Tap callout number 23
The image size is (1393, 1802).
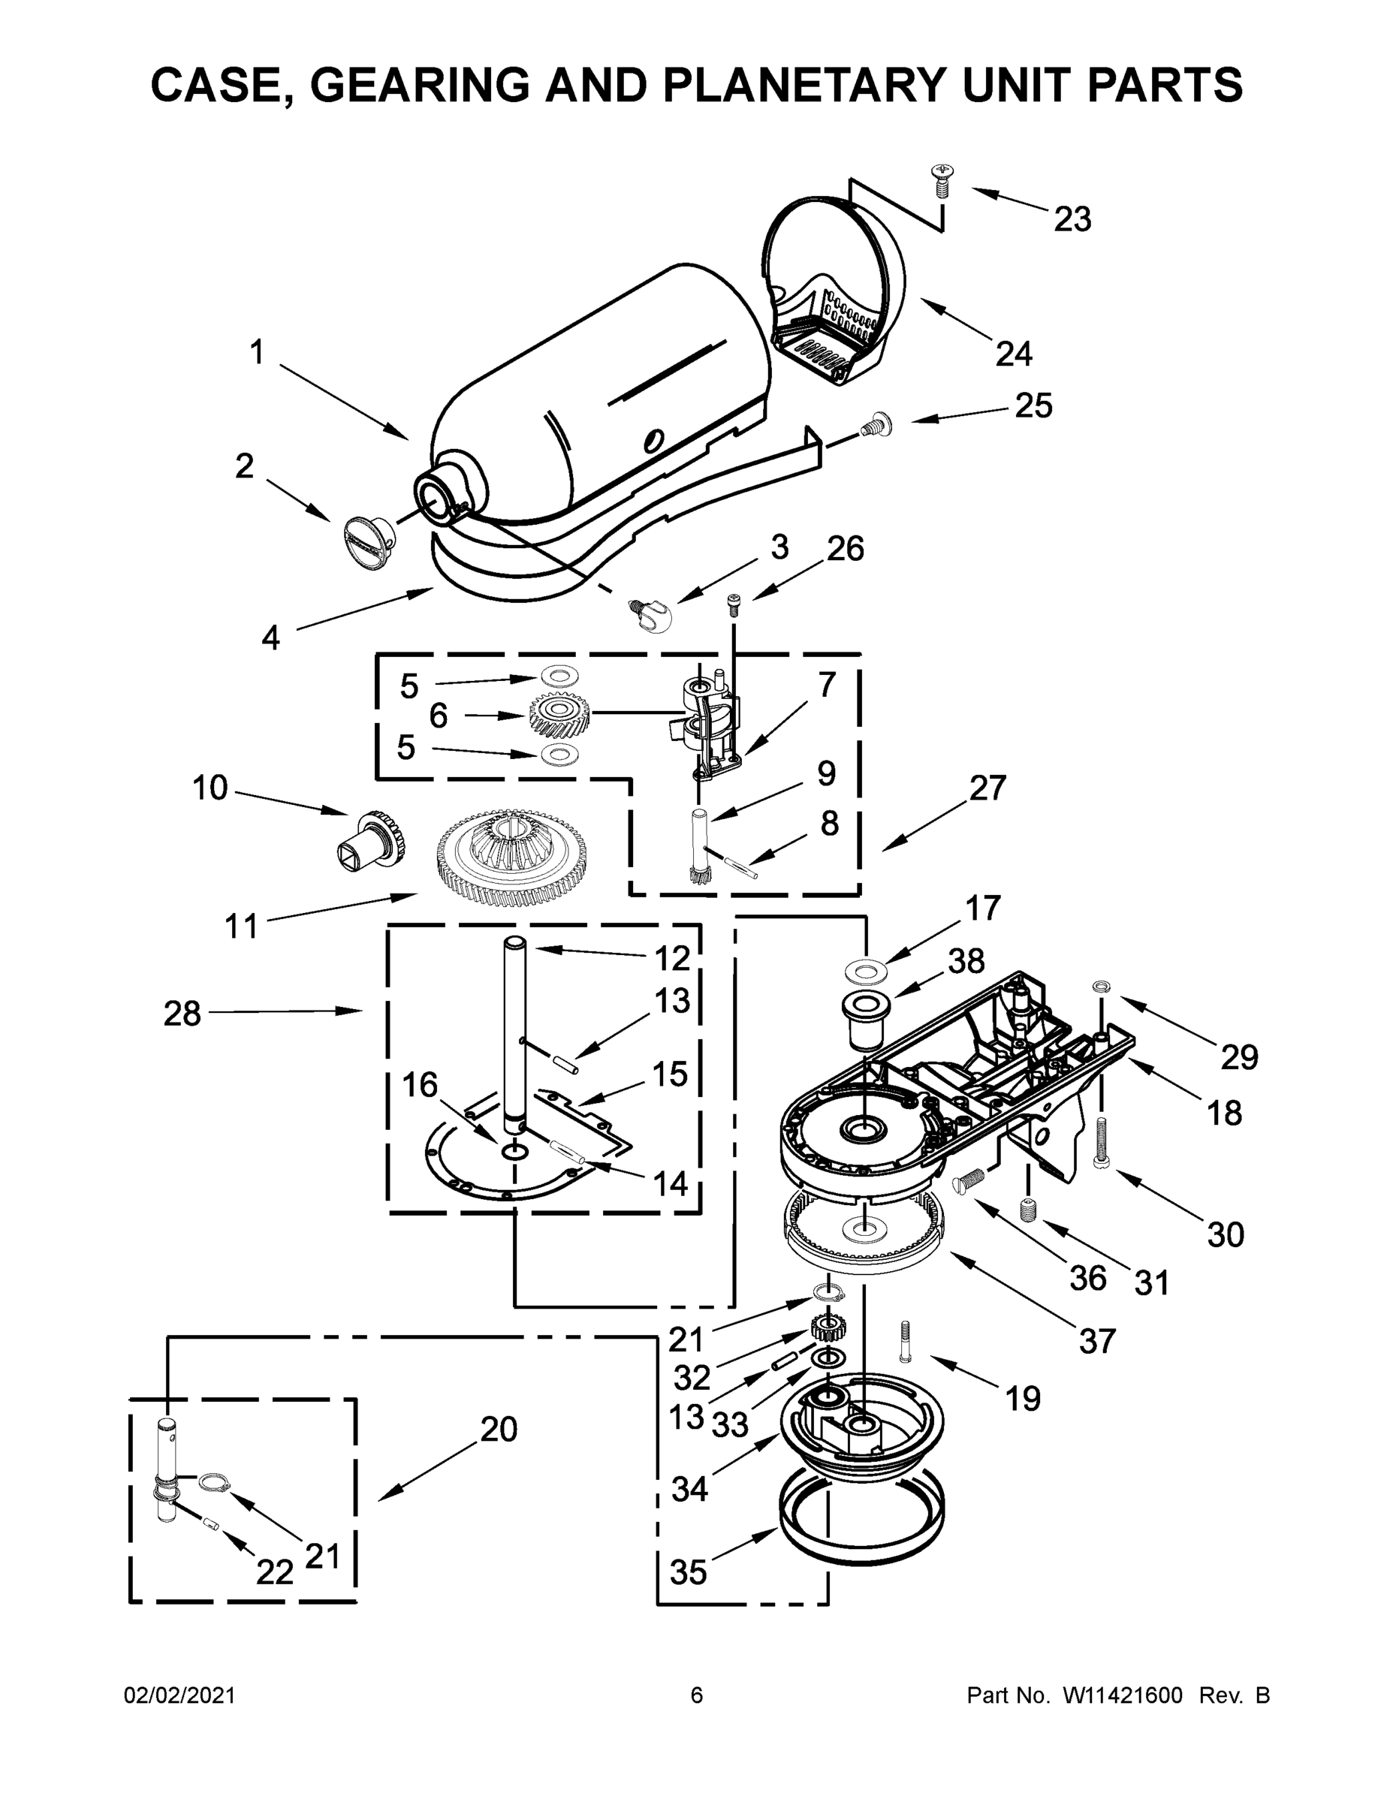click(1072, 219)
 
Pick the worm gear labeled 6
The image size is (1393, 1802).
click(559, 715)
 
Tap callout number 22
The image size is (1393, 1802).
click(274, 1573)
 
